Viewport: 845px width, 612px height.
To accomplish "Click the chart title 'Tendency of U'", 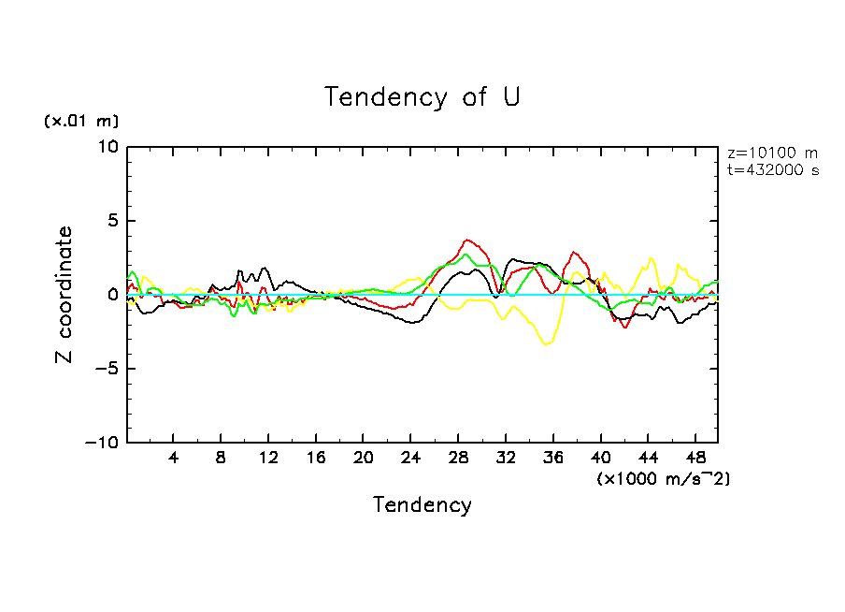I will [422, 97].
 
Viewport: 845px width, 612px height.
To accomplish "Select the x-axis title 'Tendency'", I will [422, 505].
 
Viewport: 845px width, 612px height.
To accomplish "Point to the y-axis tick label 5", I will [113, 221].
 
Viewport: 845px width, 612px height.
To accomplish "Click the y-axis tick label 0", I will [113, 295].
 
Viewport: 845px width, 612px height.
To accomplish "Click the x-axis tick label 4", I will [174, 459].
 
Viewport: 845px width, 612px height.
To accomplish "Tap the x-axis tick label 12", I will [268, 459].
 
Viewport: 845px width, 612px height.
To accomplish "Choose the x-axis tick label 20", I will [363, 459].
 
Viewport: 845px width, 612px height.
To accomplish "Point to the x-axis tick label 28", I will [457, 459].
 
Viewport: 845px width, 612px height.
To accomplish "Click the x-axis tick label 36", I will [552, 459].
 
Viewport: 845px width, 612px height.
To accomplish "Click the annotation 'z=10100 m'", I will [772, 153].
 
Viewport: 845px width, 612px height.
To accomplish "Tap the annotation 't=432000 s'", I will [772, 170].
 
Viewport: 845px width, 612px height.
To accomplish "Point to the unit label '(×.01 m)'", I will [81, 122].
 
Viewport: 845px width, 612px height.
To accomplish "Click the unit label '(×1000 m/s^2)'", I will [663, 478].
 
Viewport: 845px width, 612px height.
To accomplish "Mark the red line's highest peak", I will [467, 240].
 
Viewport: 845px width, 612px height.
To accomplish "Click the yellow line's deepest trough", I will [546, 344].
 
